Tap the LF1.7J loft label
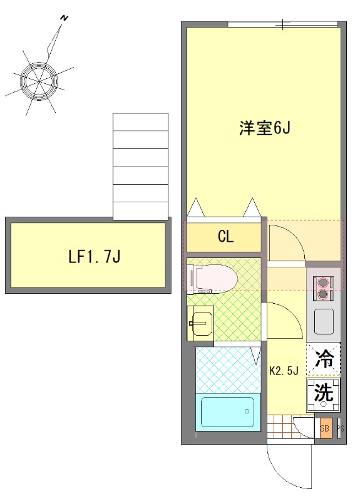(x=95, y=256)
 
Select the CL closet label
(x=225, y=237)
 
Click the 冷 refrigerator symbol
(x=324, y=359)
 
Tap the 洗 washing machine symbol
(x=324, y=393)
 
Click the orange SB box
(x=324, y=430)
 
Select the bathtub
(x=227, y=412)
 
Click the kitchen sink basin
(x=324, y=321)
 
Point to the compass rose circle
(x=39, y=80)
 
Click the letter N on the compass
(x=63, y=19)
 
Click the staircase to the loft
(x=140, y=166)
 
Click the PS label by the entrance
(x=341, y=430)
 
